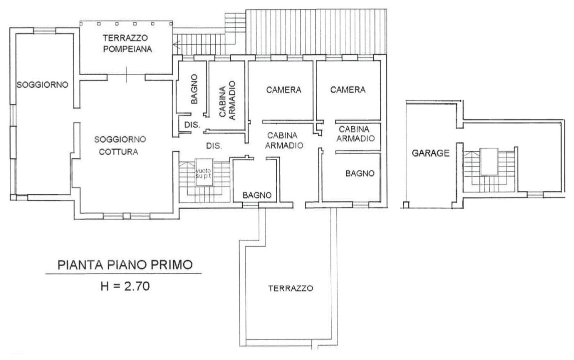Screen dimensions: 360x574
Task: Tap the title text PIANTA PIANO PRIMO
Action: click(123, 264)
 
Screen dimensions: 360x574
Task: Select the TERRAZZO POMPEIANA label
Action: click(127, 43)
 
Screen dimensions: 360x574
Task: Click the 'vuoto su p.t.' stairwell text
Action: click(203, 174)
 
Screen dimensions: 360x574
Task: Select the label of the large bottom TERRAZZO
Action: click(291, 288)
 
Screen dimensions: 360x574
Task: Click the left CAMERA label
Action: click(283, 90)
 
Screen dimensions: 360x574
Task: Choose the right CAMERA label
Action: click(348, 90)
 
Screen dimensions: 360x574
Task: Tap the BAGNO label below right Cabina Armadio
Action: click(360, 173)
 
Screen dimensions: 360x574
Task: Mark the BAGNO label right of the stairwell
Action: click(257, 195)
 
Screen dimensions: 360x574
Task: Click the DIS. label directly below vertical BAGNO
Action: click(192, 124)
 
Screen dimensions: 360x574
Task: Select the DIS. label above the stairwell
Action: click(214, 146)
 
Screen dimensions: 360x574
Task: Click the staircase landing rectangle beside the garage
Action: click(488, 161)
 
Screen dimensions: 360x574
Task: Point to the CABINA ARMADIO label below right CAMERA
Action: click(355, 134)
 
